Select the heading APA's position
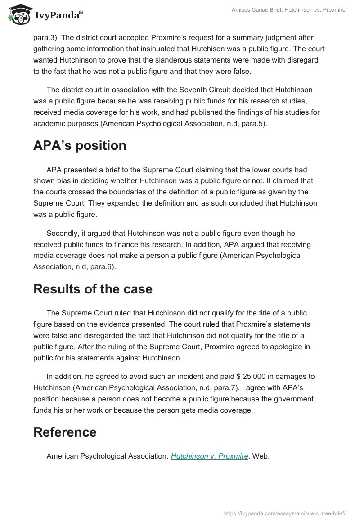click(x=80, y=146)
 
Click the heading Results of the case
click(x=93, y=288)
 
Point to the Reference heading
click(x=65, y=432)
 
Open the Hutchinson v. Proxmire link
click(x=209, y=456)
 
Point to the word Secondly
click(x=63, y=234)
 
